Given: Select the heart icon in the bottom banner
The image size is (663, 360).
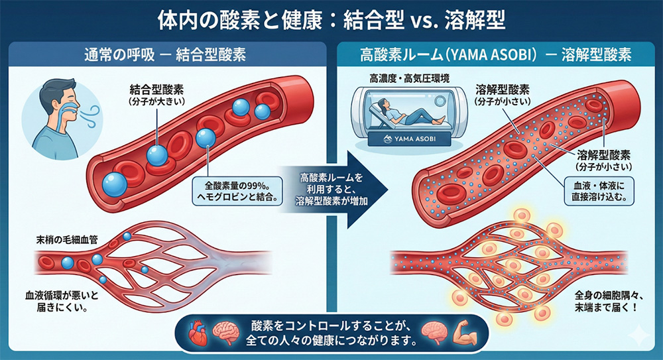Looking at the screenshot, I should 197,334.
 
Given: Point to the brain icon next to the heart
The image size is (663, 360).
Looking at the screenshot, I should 226,334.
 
